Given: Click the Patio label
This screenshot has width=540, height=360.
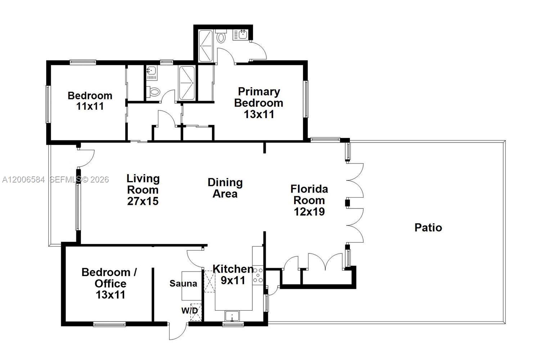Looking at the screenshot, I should pos(428,228).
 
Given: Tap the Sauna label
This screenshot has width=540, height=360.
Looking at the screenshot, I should pos(183,284).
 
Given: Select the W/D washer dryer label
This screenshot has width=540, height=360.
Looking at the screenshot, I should pos(189,310).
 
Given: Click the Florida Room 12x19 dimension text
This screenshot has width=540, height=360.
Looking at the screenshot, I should pos(309,212).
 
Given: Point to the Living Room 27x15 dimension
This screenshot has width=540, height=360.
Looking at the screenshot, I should pos(143,201).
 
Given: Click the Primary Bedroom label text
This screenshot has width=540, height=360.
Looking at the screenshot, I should pos(258,97).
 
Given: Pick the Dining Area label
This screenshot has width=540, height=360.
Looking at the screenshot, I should pos(225,188).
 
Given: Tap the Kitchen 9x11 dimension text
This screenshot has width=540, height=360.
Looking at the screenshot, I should pos(233,280).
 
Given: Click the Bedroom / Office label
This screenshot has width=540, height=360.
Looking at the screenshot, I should pos(109,278).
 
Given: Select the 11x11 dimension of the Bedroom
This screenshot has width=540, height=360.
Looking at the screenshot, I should pos(90,106).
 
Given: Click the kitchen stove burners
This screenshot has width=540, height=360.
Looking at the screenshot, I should pos(258,275).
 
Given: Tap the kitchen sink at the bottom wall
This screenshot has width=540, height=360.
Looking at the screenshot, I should pos(233,316).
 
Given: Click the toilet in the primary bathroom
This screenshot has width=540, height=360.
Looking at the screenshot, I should pos(221,37).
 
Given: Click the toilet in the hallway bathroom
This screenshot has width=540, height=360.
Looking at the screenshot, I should pos(154,92).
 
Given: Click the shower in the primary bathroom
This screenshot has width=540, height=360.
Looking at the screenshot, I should pos(206,46).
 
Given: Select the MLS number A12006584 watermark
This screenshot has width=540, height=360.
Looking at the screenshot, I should pos(23,180).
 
